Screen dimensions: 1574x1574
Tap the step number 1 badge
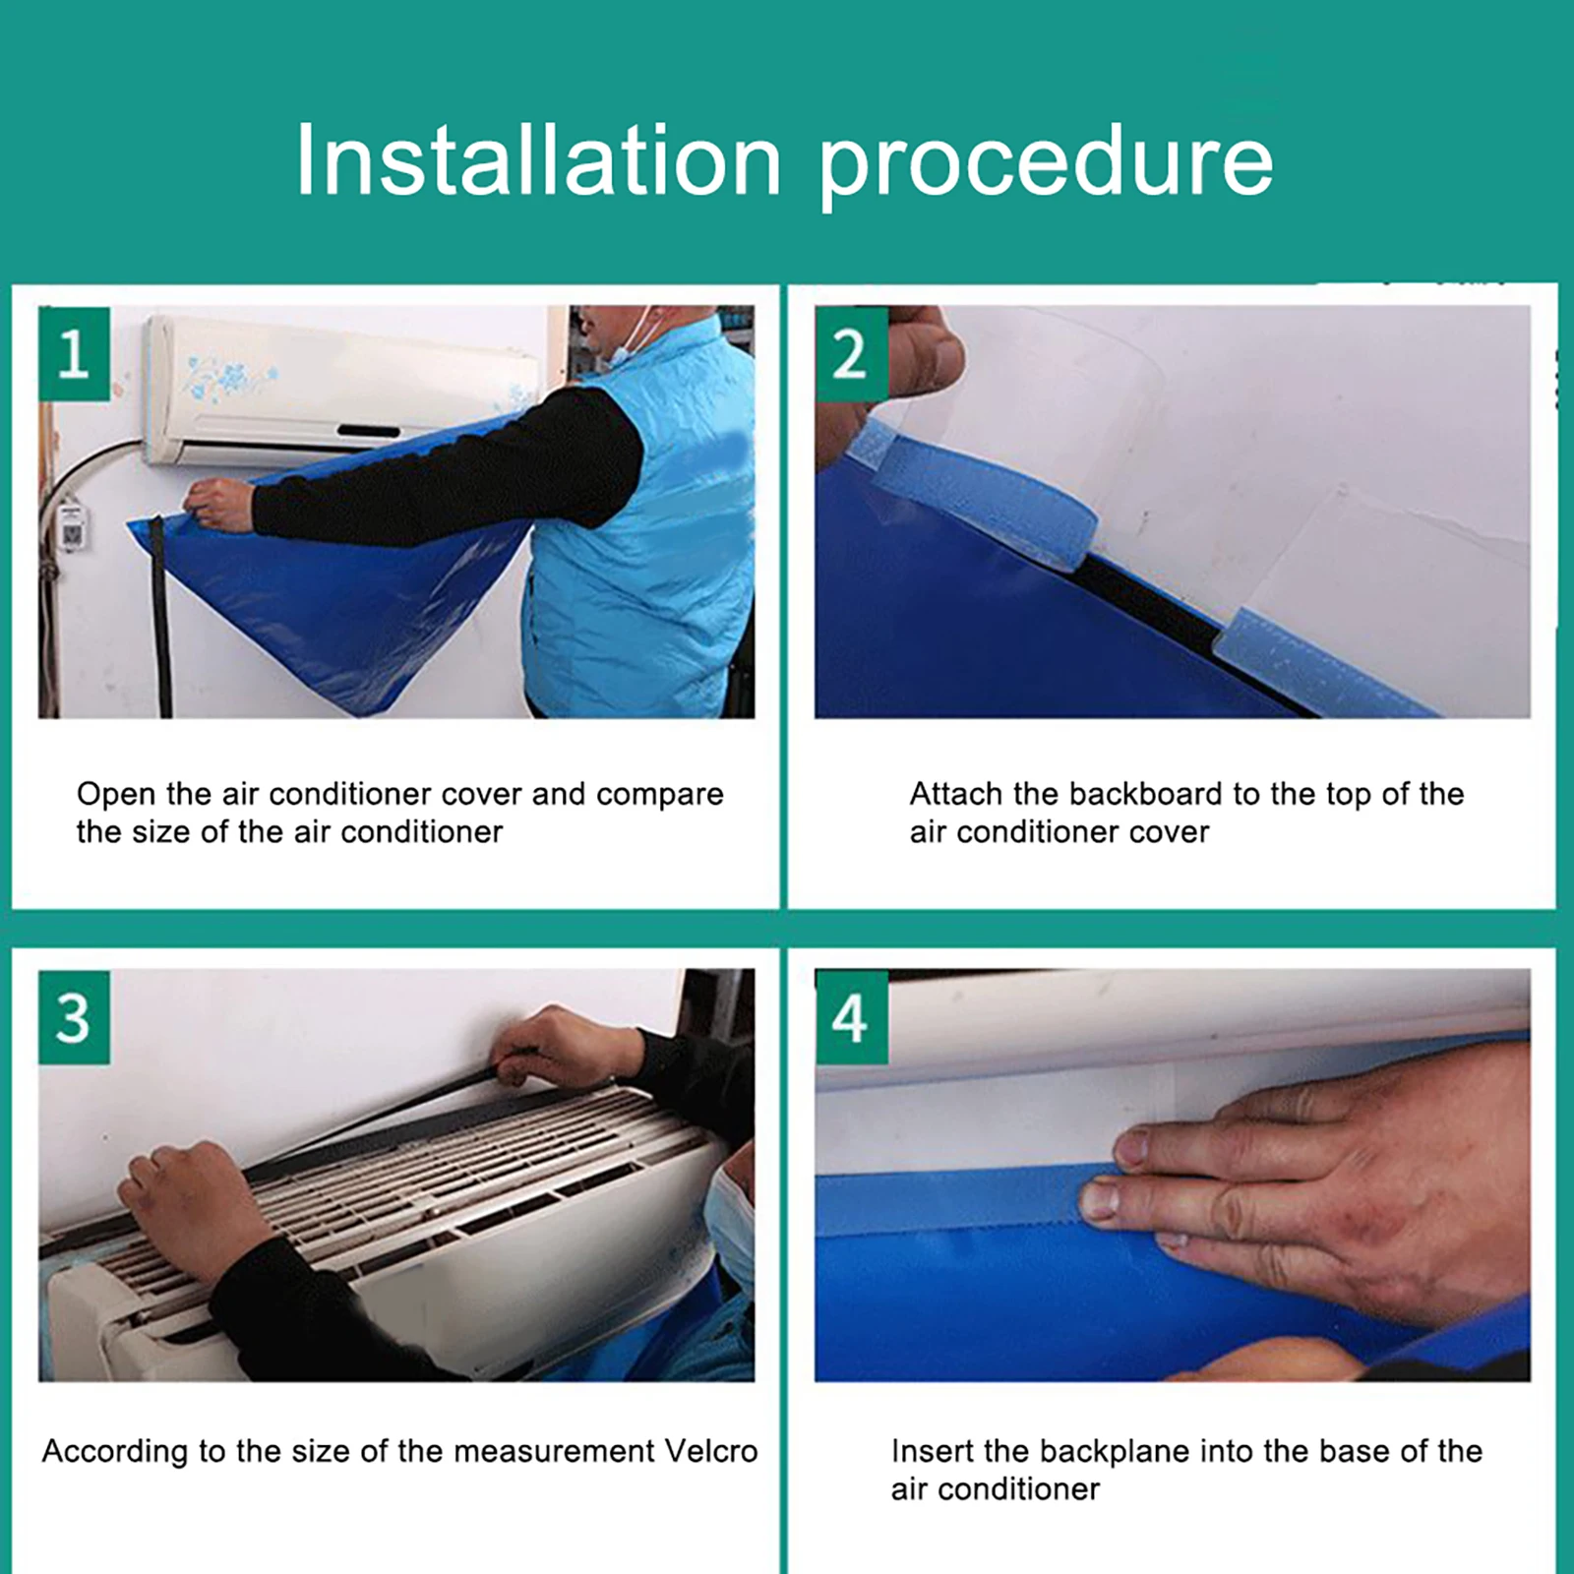(74, 353)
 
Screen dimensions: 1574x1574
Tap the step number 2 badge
(851, 353)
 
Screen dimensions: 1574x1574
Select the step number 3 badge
(74, 1017)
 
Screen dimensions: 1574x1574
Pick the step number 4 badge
(851, 1017)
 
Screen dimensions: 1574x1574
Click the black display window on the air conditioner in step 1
(369, 431)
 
